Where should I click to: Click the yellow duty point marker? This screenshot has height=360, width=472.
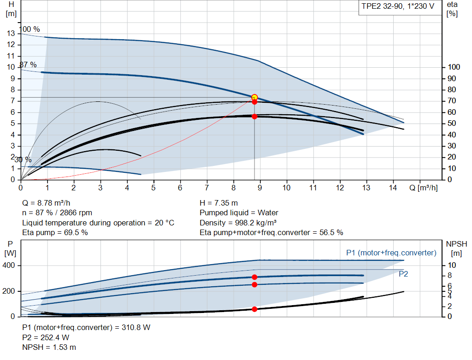pos(254,97)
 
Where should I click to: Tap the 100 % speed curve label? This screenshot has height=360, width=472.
pos(30,30)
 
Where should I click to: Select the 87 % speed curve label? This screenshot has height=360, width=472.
pos(28,65)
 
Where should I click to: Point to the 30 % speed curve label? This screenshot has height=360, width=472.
pos(23,160)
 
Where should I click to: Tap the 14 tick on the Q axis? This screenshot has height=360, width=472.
pos(393,188)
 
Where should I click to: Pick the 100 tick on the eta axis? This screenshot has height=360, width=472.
pos(454,67)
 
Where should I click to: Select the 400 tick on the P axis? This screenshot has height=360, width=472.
pos(10,266)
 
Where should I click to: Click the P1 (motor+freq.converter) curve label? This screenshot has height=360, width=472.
pos(391,253)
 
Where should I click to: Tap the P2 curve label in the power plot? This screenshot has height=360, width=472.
pos(403,274)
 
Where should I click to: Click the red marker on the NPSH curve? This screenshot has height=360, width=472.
pos(254,309)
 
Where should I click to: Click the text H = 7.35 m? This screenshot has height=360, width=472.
pos(218,203)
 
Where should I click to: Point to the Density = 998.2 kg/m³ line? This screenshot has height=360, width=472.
pos(238,223)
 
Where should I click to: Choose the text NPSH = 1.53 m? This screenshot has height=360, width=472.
pos(49,347)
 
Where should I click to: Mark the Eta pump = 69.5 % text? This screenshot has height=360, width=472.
pos(55,232)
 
